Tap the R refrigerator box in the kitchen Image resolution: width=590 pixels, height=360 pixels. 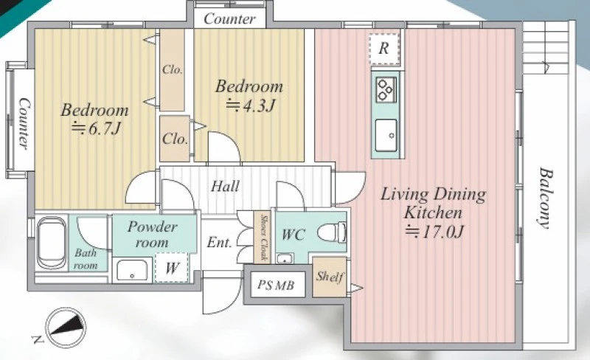pyautogui.click(x=383, y=49)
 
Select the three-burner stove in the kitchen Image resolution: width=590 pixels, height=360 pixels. pyautogui.click(x=386, y=89)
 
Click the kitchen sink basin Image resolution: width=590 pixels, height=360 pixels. pyautogui.click(x=386, y=135)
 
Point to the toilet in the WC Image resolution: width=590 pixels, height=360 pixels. pyautogui.click(x=332, y=232)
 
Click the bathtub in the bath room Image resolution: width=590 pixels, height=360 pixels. pyautogui.click(x=52, y=243)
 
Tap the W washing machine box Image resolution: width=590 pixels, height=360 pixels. pyautogui.click(x=171, y=268)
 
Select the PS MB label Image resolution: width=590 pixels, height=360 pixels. pyautogui.click(x=276, y=285)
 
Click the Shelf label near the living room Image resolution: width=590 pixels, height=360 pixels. pyautogui.click(x=330, y=277)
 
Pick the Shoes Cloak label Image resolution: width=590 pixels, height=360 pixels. pyautogui.click(x=264, y=238)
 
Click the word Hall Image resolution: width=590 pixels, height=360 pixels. pyautogui.click(x=225, y=186)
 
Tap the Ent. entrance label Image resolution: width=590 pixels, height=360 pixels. pyautogui.click(x=219, y=242)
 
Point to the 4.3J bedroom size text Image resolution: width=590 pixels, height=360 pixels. pyautogui.click(x=251, y=105)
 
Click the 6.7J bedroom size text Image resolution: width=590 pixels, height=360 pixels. pyautogui.click(x=97, y=129)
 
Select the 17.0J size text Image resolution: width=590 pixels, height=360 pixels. pyautogui.click(x=434, y=232)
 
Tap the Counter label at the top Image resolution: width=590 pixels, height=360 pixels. pyautogui.click(x=229, y=19)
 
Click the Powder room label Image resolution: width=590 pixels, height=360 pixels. pyautogui.click(x=152, y=235)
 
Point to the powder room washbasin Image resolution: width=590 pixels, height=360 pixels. pyautogui.click(x=132, y=270)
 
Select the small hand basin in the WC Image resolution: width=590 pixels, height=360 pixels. pyautogui.click(x=285, y=259)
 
